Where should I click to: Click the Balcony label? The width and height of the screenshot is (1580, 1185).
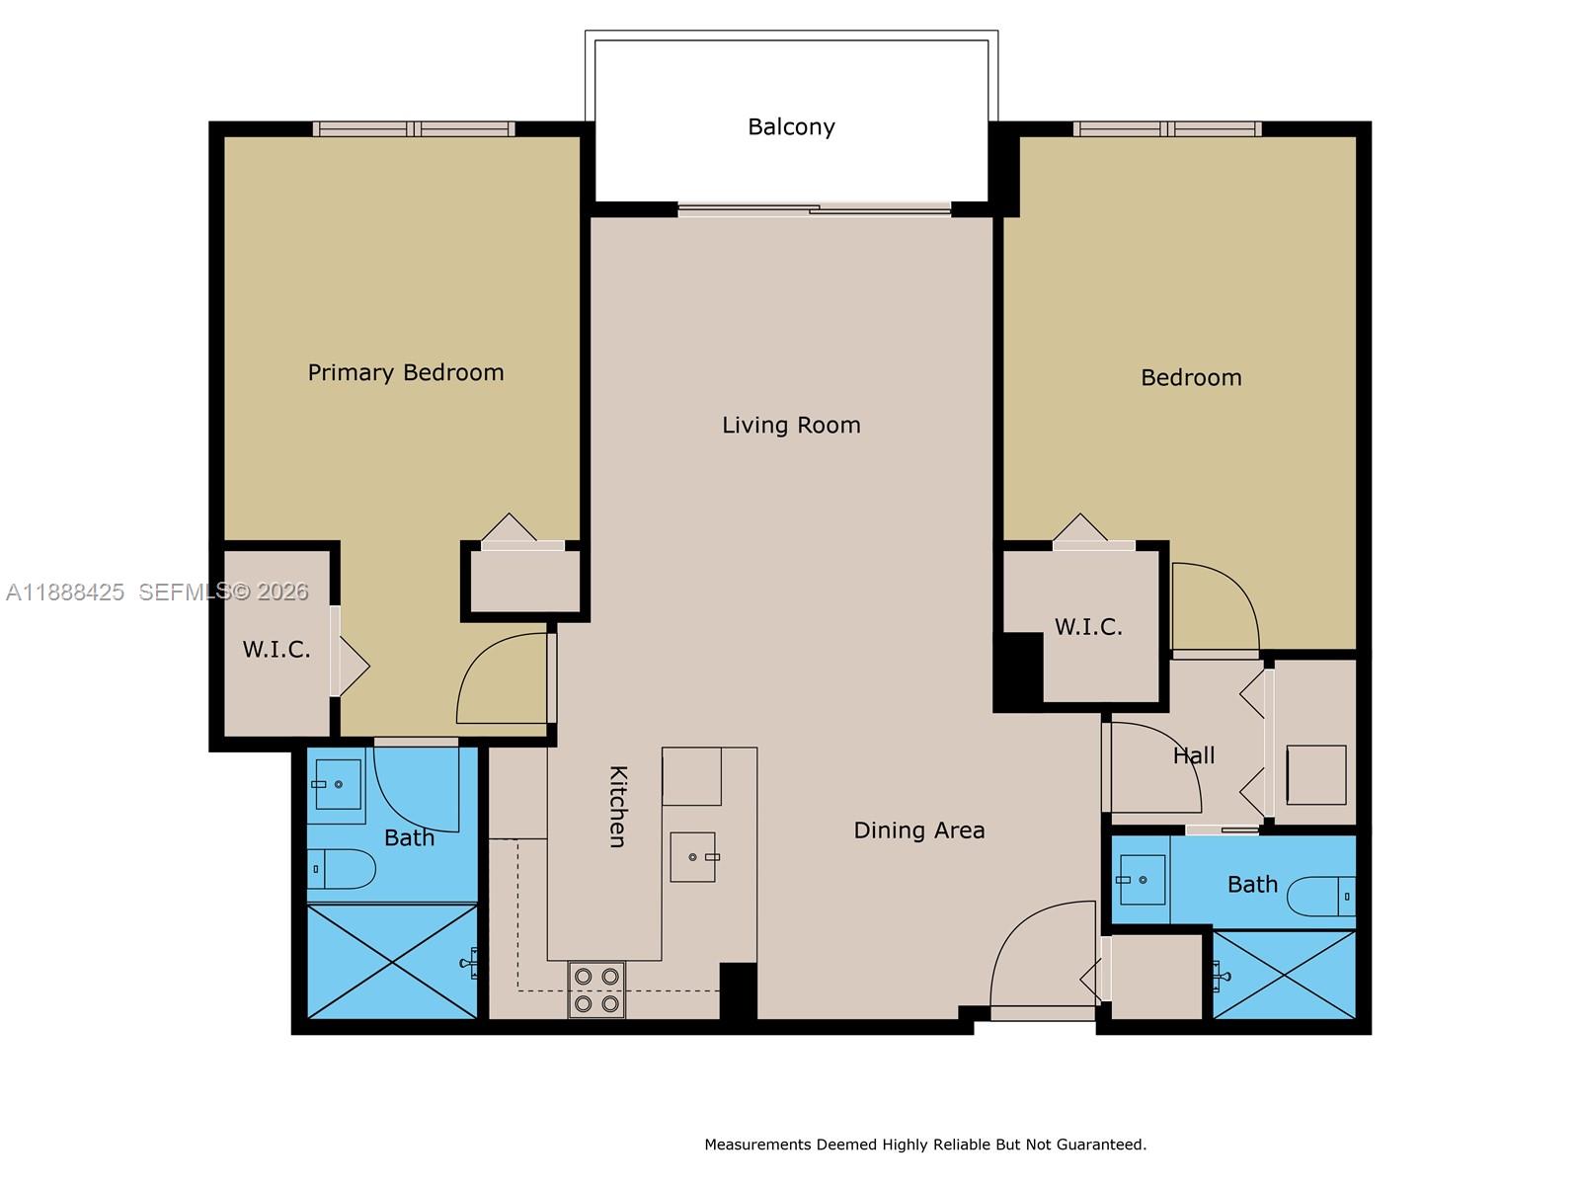tap(791, 126)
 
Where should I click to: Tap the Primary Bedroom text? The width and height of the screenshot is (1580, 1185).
tap(405, 372)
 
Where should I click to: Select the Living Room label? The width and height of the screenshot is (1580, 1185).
tap(791, 425)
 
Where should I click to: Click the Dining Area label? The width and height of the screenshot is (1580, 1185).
tap(918, 830)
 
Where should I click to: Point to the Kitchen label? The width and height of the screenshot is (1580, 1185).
tap(617, 806)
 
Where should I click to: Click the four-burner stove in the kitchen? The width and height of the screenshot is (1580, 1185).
tap(596, 989)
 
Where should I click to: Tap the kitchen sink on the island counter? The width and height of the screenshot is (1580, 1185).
tap(693, 856)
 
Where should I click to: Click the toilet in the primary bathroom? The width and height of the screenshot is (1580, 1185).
tap(342, 869)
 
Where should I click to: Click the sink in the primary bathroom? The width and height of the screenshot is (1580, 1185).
tap(337, 785)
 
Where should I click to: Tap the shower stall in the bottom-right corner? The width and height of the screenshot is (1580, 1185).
tap(1285, 975)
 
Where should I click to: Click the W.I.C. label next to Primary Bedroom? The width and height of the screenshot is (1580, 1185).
tap(276, 649)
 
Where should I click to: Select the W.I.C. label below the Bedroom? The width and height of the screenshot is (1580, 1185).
tap(1088, 627)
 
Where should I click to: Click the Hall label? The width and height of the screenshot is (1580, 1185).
tap(1194, 755)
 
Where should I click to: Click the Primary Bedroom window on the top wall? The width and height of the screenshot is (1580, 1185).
tap(414, 128)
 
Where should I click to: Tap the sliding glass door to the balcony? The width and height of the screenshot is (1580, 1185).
tap(815, 209)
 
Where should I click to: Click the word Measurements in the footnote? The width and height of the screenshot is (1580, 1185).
tap(757, 1145)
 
